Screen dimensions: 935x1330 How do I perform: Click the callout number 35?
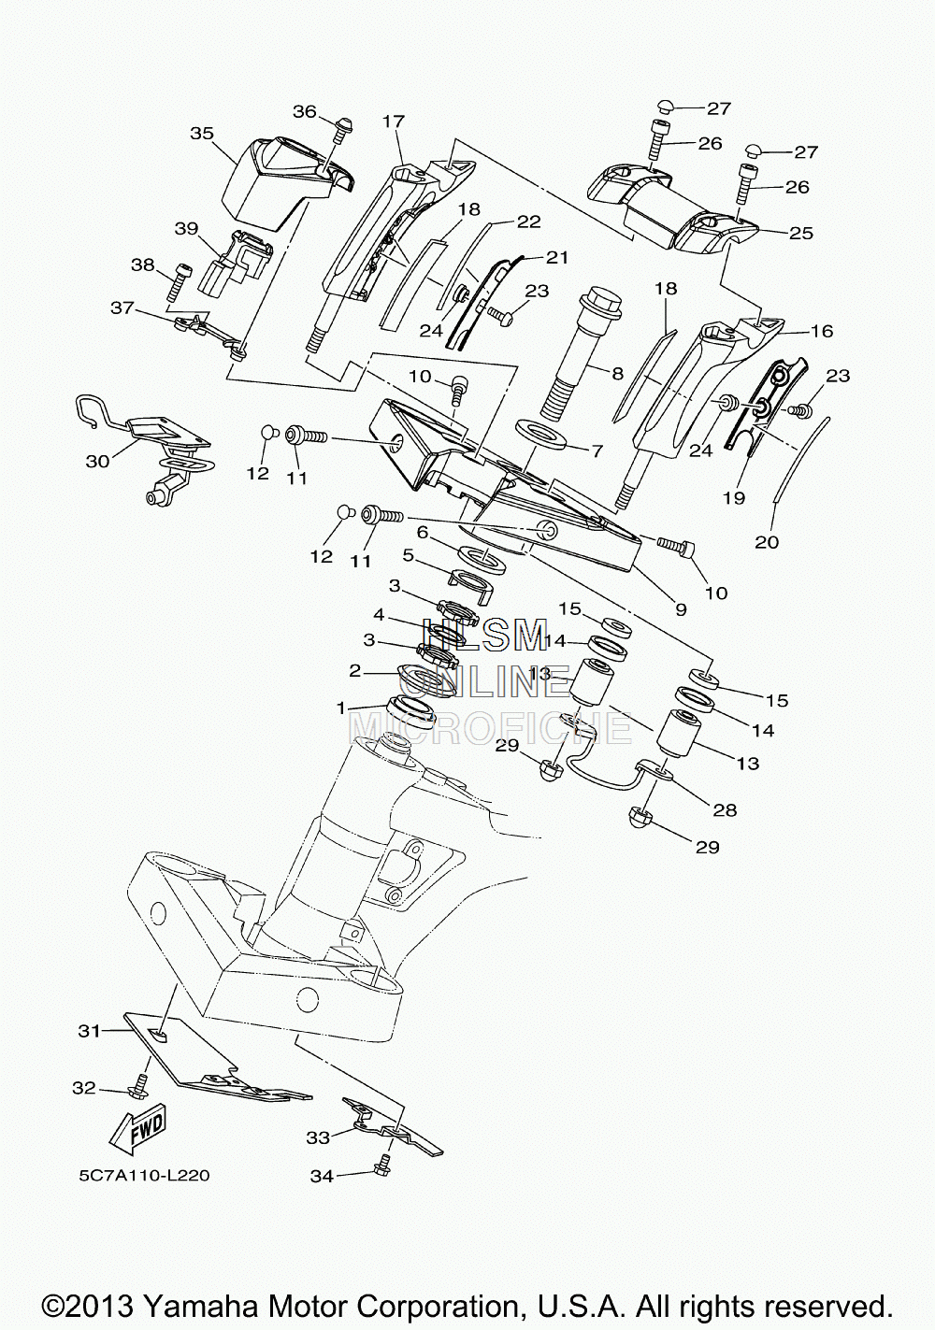tap(201, 133)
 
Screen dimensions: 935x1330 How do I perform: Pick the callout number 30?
tap(98, 461)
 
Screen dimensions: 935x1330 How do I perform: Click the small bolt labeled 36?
tap(342, 129)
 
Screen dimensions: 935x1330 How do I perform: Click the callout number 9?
tap(681, 608)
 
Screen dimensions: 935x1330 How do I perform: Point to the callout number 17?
tap(394, 122)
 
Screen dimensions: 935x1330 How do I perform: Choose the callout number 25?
tap(800, 234)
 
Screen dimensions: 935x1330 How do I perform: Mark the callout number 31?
tap(90, 1031)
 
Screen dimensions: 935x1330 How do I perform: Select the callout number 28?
tap(725, 810)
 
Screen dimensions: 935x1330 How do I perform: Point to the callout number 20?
tap(767, 542)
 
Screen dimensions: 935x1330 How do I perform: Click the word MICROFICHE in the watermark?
tap(490, 727)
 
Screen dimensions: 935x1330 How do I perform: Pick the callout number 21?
tap(556, 258)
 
